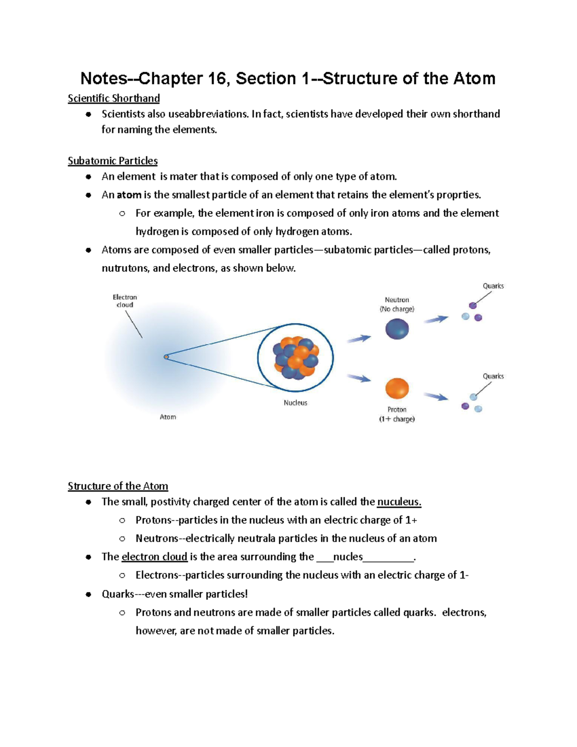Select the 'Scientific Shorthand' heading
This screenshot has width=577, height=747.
click(x=113, y=98)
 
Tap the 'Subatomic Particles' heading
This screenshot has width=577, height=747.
click(x=113, y=161)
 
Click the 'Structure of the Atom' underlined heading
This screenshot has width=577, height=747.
click(x=118, y=486)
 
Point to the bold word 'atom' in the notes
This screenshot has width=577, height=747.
click(x=129, y=195)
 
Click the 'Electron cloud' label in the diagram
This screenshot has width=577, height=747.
click(x=125, y=301)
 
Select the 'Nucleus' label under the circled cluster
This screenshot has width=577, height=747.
click(x=295, y=403)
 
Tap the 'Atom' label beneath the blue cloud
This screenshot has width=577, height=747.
click(x=168, y=417)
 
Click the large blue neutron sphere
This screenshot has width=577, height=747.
click(x=397, y=329)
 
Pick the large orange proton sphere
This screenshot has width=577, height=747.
click(x=397, y=389)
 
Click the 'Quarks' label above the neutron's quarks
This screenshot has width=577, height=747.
click(x=493, y=286)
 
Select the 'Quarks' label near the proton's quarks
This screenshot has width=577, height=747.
click(x=493, y=376)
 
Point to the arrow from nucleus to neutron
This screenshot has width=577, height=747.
click(x=359, y=339)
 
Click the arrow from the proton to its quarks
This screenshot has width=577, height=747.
click(x=436, y=396)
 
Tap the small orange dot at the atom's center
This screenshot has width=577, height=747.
click(x=166, y=357)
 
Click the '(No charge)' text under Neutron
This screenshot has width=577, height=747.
click(x=397, y=309)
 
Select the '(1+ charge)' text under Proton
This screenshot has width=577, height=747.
click(x=397, y=419)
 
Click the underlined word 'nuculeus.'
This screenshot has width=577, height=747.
click(x=399, y=502)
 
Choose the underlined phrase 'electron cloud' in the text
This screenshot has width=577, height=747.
click(x=154, y=557)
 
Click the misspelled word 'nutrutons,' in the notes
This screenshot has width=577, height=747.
click(x=125, y=268)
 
